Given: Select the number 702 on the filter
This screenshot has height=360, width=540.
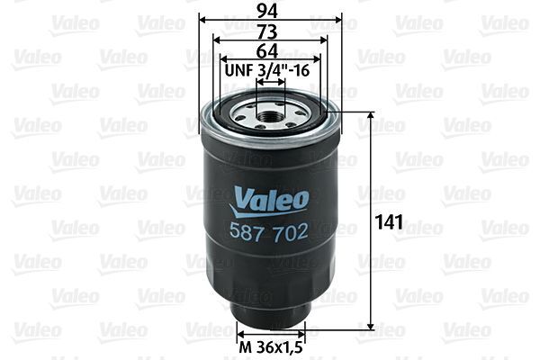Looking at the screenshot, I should (291, 231).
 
